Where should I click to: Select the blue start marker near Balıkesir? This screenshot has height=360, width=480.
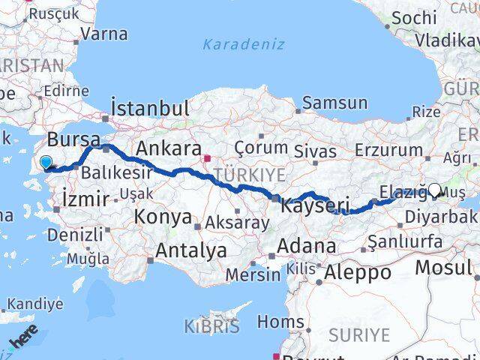coord(46,162)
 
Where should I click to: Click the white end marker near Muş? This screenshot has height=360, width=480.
coord(434,190)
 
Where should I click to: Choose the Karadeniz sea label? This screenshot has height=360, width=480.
coord(244,44)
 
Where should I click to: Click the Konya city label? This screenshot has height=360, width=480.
coord(163,217)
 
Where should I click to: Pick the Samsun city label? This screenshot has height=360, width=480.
coord(335,103)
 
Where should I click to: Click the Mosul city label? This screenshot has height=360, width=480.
coord(443,267)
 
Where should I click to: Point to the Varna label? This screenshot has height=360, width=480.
coord(103,34)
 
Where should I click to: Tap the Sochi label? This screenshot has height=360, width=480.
coord(414,16)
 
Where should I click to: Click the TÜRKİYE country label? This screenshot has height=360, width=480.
coord(250,174)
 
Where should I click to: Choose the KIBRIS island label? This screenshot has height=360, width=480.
coord(211,326)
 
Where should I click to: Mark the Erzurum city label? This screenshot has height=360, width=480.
coord(388,149)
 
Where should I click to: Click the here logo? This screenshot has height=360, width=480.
coord(22,339)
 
